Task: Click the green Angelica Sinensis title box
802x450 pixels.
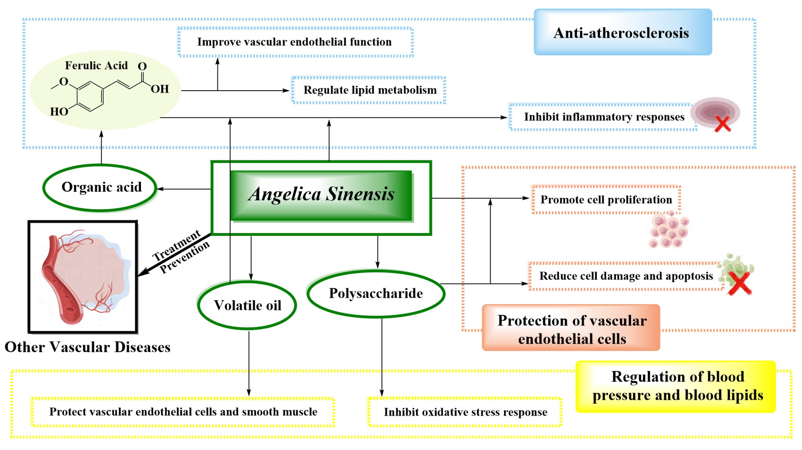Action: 321,195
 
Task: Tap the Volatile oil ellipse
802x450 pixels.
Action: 247,305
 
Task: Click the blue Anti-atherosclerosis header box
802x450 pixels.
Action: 622,32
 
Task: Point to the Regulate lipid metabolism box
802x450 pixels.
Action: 369,90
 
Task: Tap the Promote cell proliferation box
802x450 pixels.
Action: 606,200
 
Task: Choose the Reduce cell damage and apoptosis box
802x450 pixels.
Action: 626,276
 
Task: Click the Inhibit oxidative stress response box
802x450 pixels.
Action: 465,412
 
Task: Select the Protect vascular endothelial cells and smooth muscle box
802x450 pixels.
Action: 183,412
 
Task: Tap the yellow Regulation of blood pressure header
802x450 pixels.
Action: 676,386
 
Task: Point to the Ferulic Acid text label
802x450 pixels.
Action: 96,65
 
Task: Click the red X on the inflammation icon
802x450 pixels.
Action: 722,123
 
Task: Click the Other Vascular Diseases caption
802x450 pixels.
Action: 88,347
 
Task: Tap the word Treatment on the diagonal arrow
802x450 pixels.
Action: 176,246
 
